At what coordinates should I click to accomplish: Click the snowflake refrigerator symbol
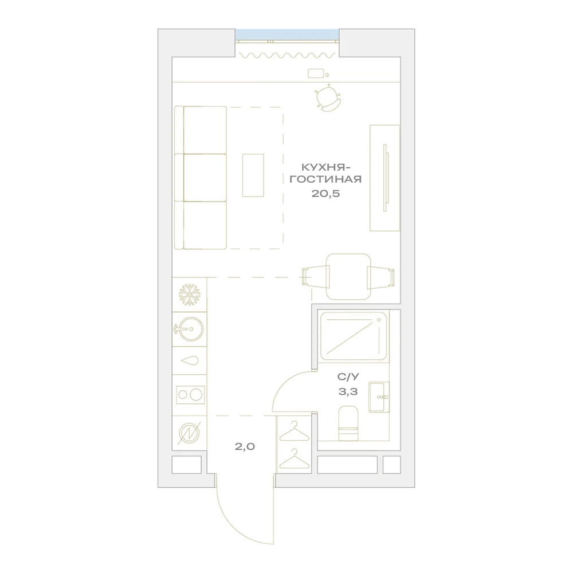click(190, 295)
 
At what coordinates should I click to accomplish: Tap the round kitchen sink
click(189, 329)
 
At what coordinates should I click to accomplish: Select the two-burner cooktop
click(190, 395)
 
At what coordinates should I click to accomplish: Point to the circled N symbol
click(190, 433)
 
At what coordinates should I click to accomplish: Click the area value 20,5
click(325, 193)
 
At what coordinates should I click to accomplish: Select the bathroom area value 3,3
click(348, 392)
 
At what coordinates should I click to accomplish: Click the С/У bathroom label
click(348, 377)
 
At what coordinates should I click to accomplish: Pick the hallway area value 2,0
click(245, 446)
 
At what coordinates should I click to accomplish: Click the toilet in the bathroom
click(348, 423)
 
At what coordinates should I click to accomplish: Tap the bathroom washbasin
click(379, 397)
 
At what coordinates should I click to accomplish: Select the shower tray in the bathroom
click(354, 336)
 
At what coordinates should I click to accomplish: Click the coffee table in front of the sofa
click(253, 175)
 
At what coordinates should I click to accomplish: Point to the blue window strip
click(287, 34)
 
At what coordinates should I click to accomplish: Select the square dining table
click(348, 277)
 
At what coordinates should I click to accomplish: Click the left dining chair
click(316, 277)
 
